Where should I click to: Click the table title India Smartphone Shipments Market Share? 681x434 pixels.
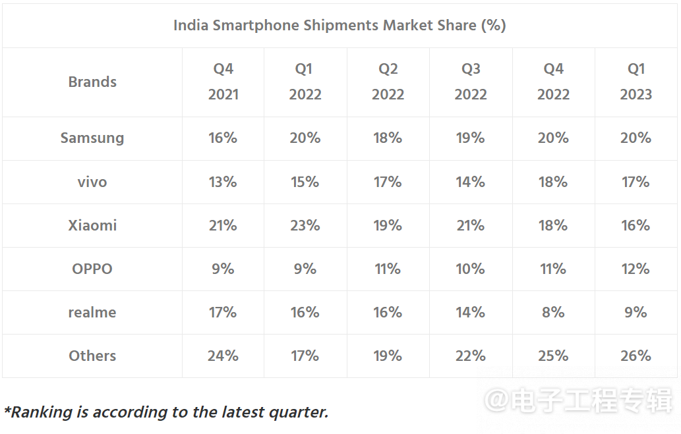point(340,26)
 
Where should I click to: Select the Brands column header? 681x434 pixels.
point(92,82)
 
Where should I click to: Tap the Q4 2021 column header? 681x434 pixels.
point(223,82)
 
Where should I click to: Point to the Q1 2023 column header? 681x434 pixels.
point(636,82)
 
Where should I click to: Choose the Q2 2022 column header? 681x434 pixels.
point(388,82)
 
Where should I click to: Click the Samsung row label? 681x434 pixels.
point(92,138)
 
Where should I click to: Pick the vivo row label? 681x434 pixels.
point(92,182)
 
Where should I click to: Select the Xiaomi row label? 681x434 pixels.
point(92,225)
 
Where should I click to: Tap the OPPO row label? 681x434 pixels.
point(92,269)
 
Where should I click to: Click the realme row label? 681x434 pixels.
point(92,312)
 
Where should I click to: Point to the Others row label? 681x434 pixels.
point(92,356)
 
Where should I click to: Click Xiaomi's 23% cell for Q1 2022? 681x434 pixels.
point(305,225)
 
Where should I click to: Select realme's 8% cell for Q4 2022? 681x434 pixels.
point(553,312)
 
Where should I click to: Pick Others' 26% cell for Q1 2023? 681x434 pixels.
point(636,356)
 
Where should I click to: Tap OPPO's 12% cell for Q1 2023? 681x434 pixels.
point(636,269)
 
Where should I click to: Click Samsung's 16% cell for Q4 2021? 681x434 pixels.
point(223,138)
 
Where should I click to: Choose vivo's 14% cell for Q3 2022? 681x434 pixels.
point(471,182)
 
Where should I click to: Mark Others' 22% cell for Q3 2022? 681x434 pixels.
point(471,356)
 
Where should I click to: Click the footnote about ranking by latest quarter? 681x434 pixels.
point(166,412)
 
